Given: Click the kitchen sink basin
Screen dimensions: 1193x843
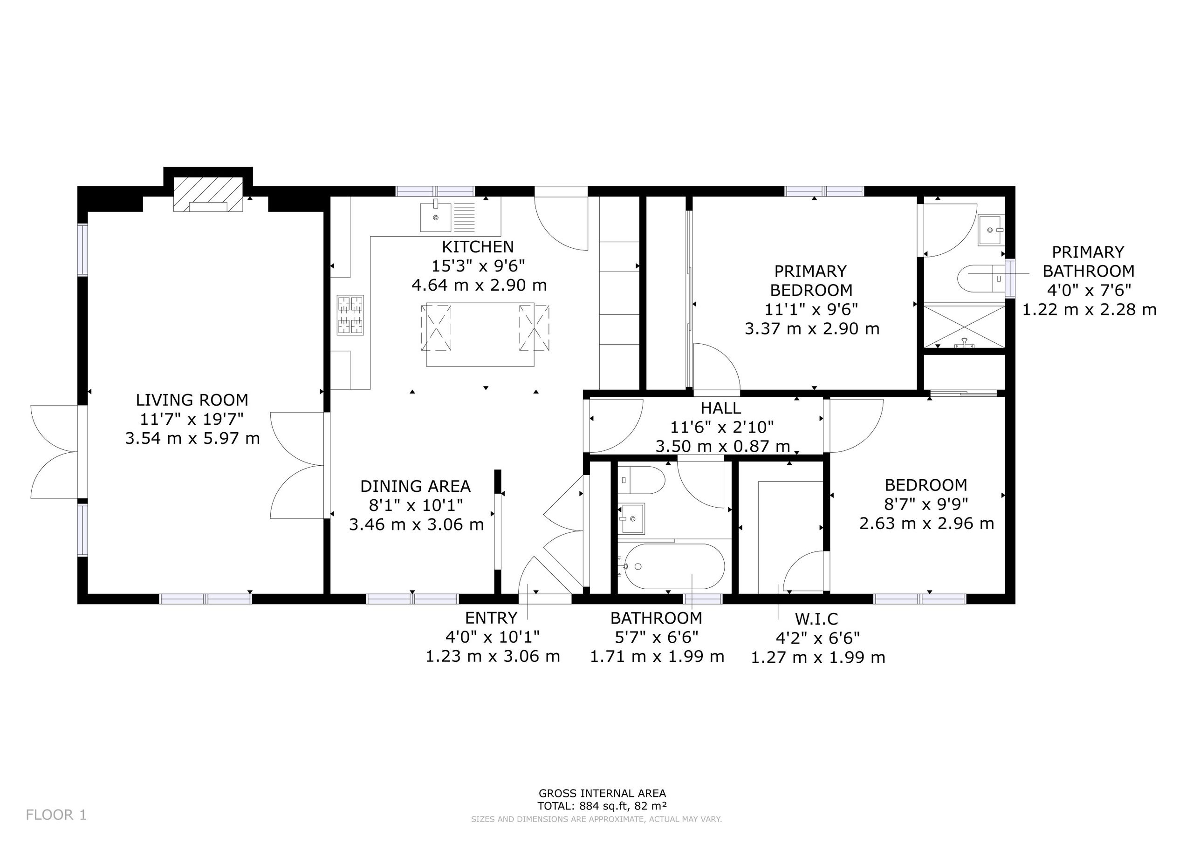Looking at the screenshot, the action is tap(435, 217).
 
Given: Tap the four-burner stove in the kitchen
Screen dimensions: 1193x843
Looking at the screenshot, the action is tap(350, 315).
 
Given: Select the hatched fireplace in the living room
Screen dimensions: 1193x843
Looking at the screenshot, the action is tap(208, 195).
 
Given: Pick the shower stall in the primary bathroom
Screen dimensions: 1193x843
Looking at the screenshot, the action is tap(964, 326).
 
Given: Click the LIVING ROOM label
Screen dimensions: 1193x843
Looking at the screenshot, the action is tap(192, 400).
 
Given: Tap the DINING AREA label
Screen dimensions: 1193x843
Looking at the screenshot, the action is tap(415, 486).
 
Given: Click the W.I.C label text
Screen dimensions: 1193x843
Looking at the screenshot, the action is tap(816, 619).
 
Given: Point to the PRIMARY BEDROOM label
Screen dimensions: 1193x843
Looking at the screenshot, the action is tap(810, 280).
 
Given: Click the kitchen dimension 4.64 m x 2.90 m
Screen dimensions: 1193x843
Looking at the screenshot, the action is tap(479, 285).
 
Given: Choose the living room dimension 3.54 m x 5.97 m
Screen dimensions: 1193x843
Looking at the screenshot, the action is tap(192, 438).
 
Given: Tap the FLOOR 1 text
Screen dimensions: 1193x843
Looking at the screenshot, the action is tap(56, 815).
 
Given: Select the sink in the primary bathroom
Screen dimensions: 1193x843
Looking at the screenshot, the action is tap(991, 230).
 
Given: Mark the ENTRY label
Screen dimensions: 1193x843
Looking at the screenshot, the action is tap(491, 618).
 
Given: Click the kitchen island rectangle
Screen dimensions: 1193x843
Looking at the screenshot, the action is tap(480, 334).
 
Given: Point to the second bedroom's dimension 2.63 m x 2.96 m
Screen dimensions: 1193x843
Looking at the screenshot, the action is tap(926, 523).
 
